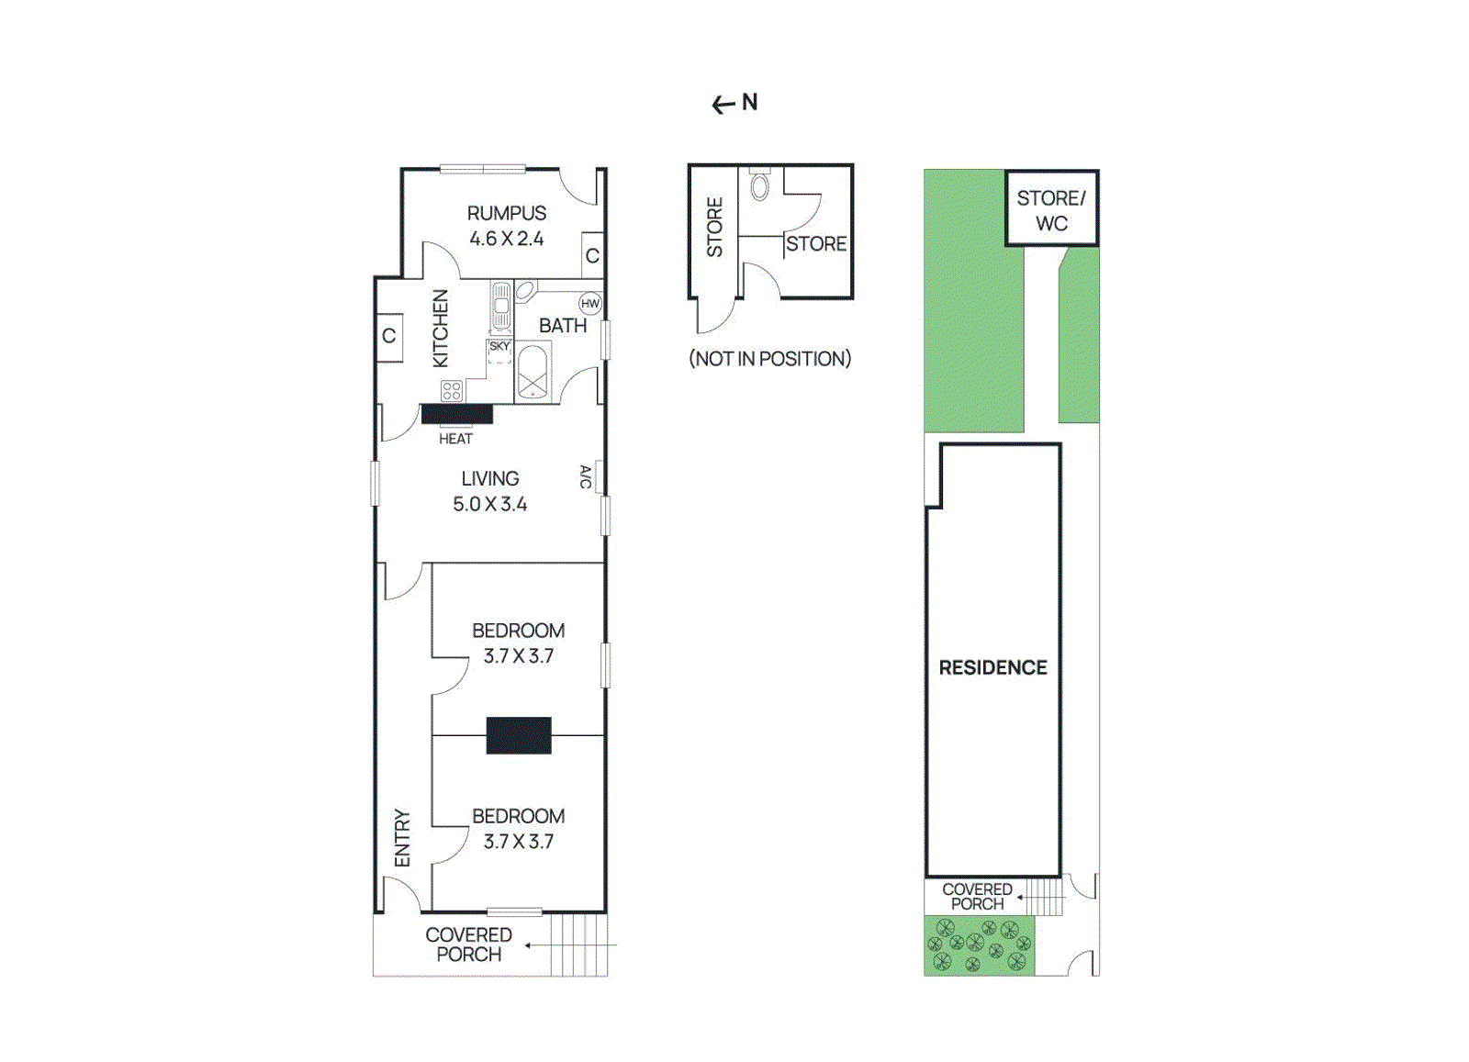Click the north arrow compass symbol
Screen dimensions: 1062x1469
click(x=734, y=103)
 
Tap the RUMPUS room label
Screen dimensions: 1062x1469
click(x=506, y=213)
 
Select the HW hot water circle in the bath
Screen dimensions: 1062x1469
click(x=589, y=304)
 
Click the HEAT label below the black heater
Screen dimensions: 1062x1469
click(x=455, y=439)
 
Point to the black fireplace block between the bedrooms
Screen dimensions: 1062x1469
click(x=519, y=735)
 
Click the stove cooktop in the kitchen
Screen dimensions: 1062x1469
click(x=452, y=391)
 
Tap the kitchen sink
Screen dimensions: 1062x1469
click(x=501, y=307)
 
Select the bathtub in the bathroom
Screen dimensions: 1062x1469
click(x=533, y=372)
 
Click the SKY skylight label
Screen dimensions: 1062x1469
click(x=499, y=346)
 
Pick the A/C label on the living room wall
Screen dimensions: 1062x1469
click(x=586, y=476)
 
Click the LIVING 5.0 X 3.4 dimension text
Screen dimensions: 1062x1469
click(x=489, y=504)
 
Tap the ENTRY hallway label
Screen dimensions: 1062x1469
click(x=402, y=837)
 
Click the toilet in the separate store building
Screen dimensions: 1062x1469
click(x=760, y=185)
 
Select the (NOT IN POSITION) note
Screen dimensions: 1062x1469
click(x=769, y=359)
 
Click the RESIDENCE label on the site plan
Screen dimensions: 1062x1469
click(x=992, y=667)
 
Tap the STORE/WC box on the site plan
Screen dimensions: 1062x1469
click(x=1051, y=209)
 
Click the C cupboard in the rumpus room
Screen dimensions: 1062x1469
click(x=592, y=255)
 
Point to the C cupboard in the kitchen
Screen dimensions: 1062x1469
click(x=389, y=336)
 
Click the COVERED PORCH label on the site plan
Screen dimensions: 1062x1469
click(x=977, y=896)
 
